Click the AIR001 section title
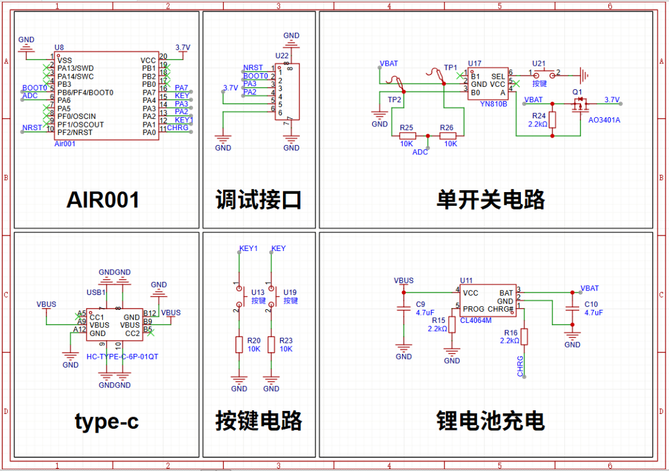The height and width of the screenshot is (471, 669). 103,200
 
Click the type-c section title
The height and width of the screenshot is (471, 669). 107,421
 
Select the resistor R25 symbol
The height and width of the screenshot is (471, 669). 406,136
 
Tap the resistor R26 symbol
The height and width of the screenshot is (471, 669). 447,136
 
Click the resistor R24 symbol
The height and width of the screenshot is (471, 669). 553,120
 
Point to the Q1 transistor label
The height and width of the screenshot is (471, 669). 577,92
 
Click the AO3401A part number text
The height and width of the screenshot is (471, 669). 603,120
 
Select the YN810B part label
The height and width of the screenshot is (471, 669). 493,104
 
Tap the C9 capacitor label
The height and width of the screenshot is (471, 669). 421,304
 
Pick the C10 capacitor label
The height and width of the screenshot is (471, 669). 591,304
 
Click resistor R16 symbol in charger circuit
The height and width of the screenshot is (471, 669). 524,337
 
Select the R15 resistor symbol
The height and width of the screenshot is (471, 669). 452,324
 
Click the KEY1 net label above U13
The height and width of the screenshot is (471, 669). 248,249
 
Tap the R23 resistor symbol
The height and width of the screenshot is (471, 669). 271,345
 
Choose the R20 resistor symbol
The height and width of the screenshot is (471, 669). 239,345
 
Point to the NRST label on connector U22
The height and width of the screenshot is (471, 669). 253,68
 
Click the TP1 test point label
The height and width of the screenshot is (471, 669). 450,68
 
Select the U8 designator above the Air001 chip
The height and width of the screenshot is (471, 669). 59,48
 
